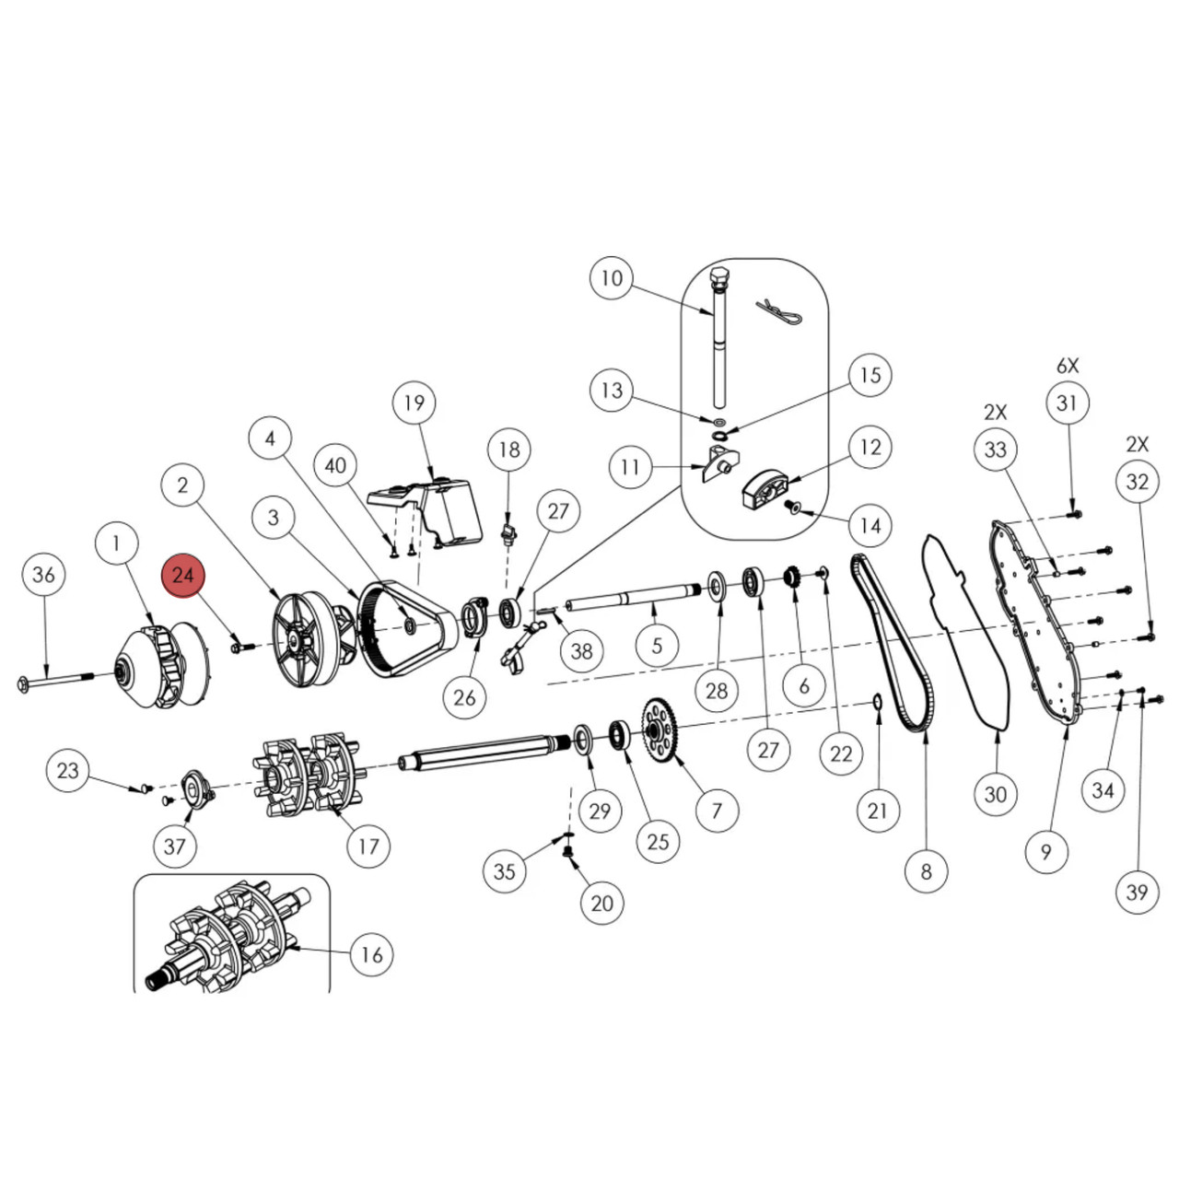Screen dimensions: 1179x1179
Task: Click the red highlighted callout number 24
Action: click(183, 575)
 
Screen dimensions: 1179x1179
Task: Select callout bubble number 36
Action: click(43, 575)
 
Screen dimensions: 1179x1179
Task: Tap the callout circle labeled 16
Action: click(371, 954)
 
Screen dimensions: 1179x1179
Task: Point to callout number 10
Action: click(612, 278)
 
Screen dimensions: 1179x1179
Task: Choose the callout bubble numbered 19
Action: click(414, 403)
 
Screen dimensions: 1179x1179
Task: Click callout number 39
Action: click(1138, 892)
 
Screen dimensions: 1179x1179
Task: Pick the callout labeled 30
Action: click(996, 794)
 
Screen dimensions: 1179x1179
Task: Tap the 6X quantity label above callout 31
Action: click(1067, 366)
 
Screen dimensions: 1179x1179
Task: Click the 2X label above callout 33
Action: click(995, 412)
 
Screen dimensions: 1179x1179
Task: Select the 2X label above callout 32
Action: click(1138, 444)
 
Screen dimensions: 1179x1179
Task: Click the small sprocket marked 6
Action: click(789, 578)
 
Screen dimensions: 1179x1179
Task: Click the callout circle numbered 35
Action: click(505, 870)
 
